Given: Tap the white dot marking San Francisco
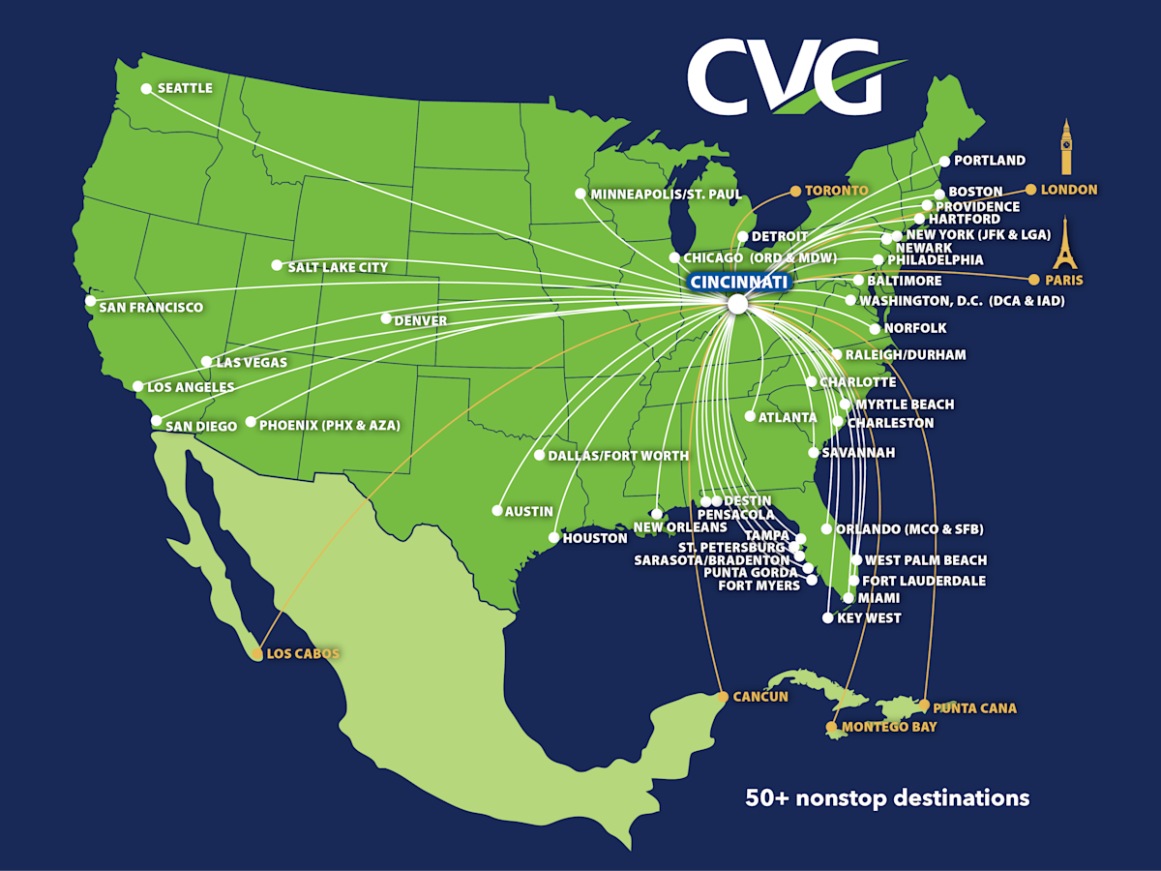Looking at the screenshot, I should (x=91, y=301).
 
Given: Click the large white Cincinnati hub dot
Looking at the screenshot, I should (x=737, y=304).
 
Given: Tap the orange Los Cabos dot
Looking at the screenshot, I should (x=257, y=655).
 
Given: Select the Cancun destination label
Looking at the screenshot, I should (x=760, y=697).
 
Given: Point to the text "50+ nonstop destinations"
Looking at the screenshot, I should (x=887, y=798).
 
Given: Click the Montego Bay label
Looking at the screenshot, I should (x=889, y=727).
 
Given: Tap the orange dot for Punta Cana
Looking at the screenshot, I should (x=925, y=705).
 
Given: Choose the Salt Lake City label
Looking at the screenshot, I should (x=338, y=267).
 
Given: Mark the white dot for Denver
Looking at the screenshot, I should (x=386, y=318).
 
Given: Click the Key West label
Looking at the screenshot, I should (x=868, y=618).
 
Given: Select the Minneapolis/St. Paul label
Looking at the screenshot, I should (x=666, y=195).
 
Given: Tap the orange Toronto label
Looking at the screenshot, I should (x=837, y=191).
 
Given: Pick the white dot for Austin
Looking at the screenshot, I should (x=497, y=510).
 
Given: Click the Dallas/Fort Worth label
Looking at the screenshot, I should (x=618, y=455).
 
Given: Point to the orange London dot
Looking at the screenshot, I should (x=1031, y=190).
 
